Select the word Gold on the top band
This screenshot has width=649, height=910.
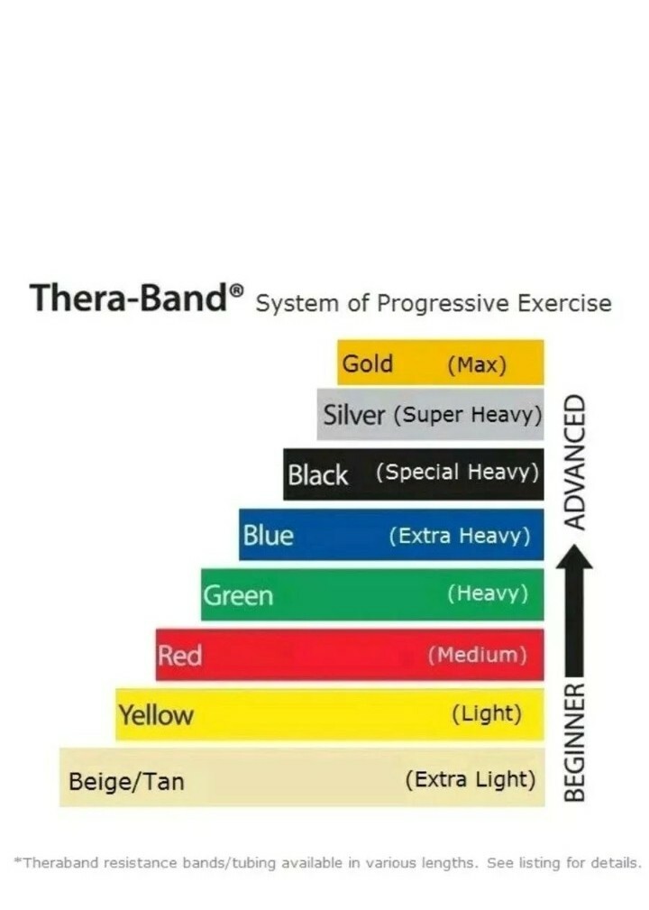tap(367, 363)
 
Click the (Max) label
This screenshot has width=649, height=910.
tap(477, 365)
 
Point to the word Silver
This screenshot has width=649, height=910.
tap(354, 416)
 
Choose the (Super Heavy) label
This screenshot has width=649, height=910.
tap(468, 416)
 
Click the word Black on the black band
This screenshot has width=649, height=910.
tap(317, 474)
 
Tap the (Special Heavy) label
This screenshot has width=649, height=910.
tap(457, 473)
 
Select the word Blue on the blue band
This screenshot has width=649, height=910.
tap(268, 535)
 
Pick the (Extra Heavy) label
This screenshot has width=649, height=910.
tap(459, 536)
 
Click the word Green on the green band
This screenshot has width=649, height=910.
tap(238, 595)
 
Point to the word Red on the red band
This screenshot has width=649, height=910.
tap(179, 655)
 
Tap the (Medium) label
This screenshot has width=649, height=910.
tap(477, 655)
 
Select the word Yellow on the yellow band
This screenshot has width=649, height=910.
tap(156, 715)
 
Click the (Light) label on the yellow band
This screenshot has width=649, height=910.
tap(486, 714)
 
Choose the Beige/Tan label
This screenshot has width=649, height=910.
tap(126, 780)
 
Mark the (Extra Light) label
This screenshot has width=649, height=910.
tap(471, 778)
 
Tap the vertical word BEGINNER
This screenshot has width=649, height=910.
tap(574, 742)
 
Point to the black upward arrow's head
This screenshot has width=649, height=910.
tap(574, 560)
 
